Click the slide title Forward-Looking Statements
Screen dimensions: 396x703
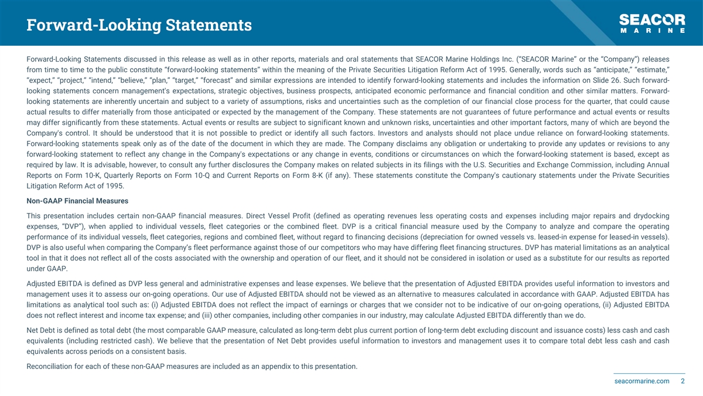139,25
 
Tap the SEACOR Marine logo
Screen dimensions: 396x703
652,24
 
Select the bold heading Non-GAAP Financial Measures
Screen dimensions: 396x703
77,201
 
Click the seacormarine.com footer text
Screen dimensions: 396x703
642,381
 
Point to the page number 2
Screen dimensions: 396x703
682,381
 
